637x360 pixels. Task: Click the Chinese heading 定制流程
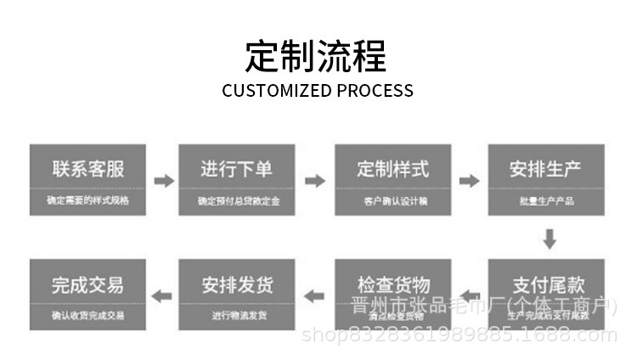coord(317,56)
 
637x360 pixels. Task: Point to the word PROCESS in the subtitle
coord(375,91)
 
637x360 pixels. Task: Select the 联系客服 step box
coord(87,179)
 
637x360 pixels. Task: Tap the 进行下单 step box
coord(237,179)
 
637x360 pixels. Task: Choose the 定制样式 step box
coord(392,179)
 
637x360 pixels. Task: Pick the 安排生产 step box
coord(546,179)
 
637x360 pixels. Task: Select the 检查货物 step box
coord(392,294)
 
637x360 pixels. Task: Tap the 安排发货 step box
coord(237,294)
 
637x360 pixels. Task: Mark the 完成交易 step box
coord(87,294)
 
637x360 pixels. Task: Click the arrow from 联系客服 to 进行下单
coord(163,181)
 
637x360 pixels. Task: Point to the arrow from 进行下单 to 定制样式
coord(315,181)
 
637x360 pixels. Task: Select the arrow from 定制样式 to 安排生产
coord(469,181)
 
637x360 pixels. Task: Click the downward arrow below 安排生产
coord(550,239)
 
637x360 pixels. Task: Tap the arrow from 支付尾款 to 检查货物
coord(469,295)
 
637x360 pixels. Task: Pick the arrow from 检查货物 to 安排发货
coord(315,295)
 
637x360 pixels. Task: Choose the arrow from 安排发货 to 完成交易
coord(161,295)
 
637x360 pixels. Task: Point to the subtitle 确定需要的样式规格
coord(87,201)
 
